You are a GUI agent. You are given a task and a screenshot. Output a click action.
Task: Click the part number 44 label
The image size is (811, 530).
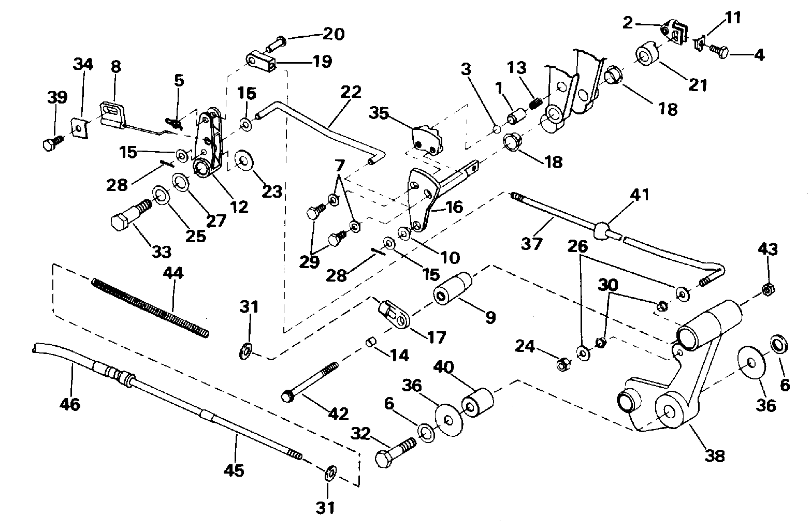tap(173, 273)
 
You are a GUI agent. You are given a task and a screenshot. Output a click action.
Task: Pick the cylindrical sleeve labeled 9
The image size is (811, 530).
tap(453, 288)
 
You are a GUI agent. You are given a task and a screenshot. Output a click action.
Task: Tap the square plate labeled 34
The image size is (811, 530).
tap(80, 127)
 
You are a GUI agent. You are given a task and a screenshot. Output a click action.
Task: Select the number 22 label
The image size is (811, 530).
tap(351, 92)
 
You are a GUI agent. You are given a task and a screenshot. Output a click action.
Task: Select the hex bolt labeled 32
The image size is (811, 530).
tap(395, 452)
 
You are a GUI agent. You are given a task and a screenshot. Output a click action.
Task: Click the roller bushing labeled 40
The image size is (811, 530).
tap(477, 403)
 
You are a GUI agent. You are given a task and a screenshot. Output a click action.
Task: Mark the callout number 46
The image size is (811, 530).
tap(69, 404)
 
